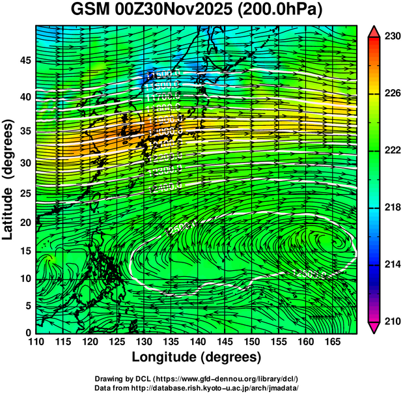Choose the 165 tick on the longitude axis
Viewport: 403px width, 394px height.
pos(331,342)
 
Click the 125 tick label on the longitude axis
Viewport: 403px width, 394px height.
pos(117,342)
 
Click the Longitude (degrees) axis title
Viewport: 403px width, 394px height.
pos(197,358)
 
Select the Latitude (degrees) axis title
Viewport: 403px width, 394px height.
pos(8,179)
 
